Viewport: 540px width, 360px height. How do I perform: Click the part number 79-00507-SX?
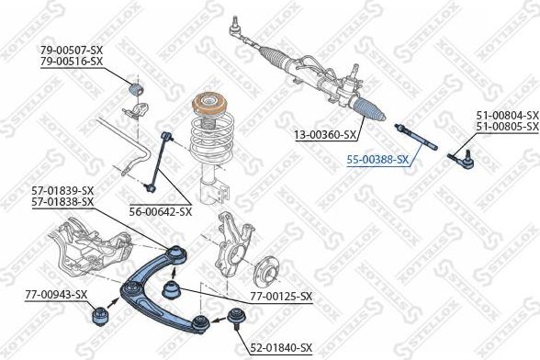coord(72,49)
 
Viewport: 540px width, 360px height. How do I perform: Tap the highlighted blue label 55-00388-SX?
coord(378,159)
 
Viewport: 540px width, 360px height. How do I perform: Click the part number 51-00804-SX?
coord(506,115)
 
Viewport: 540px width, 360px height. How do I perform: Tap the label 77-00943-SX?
coord(57,295)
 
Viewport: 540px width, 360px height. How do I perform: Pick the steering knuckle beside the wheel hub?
coord(231,243)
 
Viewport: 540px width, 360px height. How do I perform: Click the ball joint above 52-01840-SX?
coord(235,321)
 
